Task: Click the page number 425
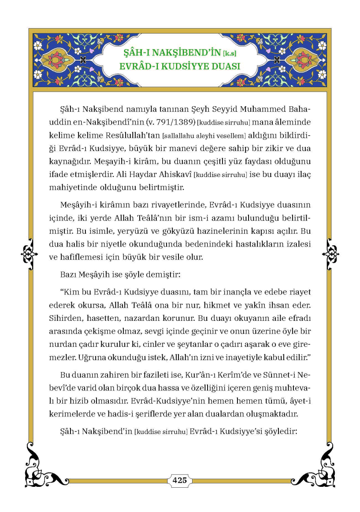click(180, 480)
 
